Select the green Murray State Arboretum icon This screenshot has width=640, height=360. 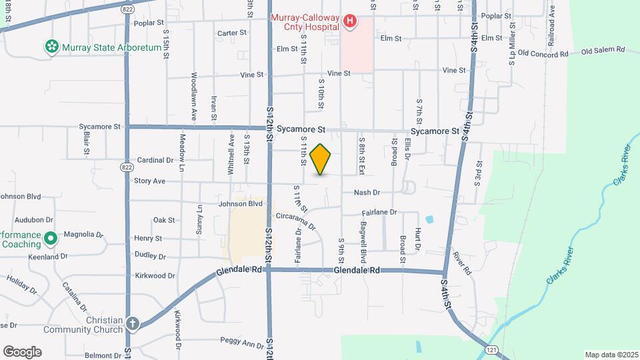pyautogui.click(x=51, y=47)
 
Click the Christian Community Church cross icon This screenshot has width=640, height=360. pyautogui.click(x=132, y=323)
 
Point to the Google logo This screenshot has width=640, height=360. pyautogui.click(x=22, y=352)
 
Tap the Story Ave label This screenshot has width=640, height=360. pyautogui.click(x=149, y=181)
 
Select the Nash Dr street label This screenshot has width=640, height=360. pyautogui.click(x=367, y=192)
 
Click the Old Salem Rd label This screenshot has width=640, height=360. pyautogui.click(x=603, y=50)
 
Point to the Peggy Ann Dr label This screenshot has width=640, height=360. pyautogui.click(x=243, y=344)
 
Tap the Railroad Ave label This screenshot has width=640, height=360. pyautogui.click(x=551, y=25)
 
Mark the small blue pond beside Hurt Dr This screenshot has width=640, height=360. pyautogui.click(x=429, y=219)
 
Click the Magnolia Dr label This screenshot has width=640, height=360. pyautogui.click(x=84, y=235)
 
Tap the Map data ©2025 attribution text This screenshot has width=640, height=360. pyautogui.click(x=611, y=355)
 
